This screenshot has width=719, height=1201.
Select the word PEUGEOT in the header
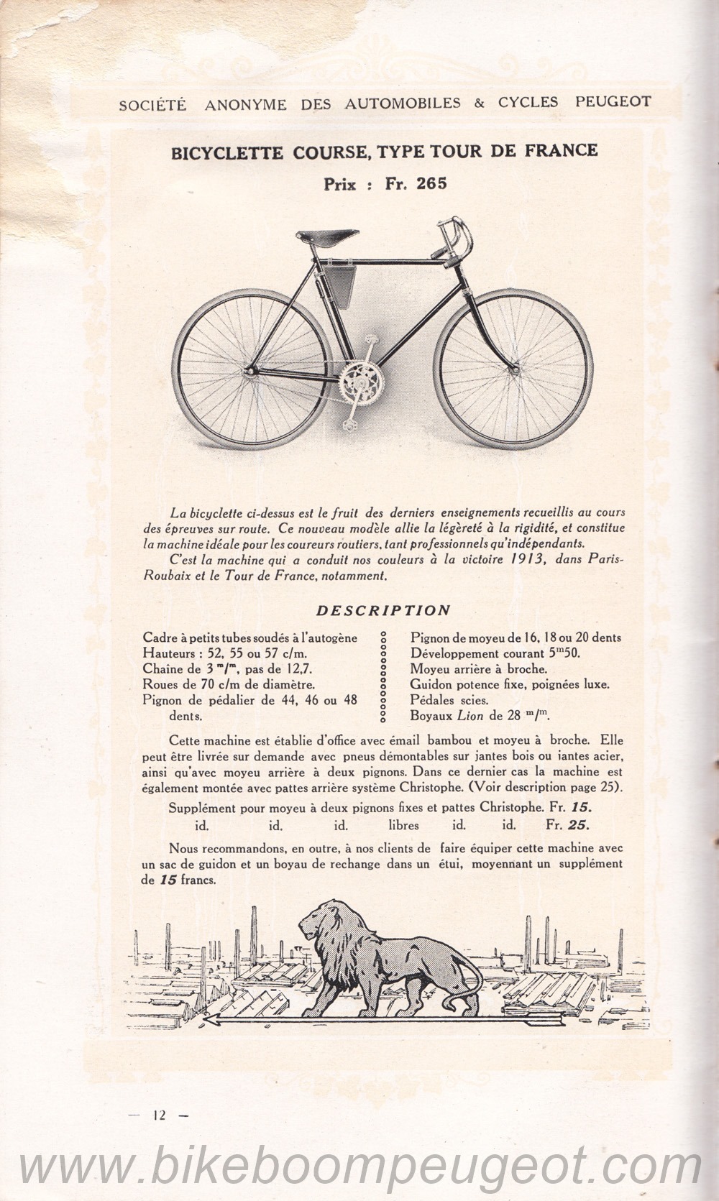[613, 102]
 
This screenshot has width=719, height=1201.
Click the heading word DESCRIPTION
[384, 610]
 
